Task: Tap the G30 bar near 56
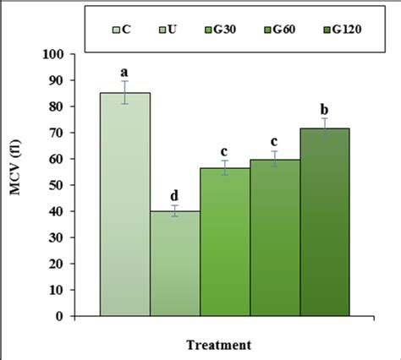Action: (x=225, y=242)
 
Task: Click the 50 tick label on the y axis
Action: (x=59, y=185)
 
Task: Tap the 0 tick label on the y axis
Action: (x=63, y=316)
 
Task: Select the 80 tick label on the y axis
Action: (x=59, y=106)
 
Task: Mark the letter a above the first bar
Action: (x=125, y=72)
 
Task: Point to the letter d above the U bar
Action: (x=175, y=195)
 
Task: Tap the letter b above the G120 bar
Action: (x=325, y=108)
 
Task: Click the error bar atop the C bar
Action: (x=125, y=92)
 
